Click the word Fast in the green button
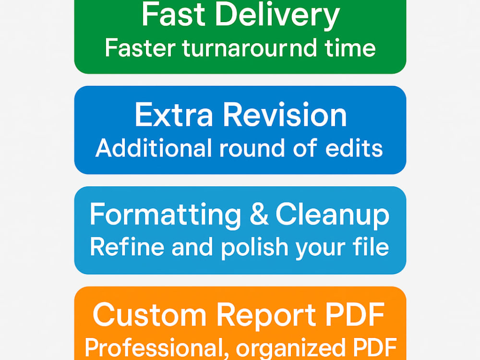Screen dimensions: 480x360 coord(173,15)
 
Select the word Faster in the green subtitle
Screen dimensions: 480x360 coord(140,48)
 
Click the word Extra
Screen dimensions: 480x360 coord(174,115)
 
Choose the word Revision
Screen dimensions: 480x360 coord(285,115)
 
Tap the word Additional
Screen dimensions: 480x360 coord(154,148)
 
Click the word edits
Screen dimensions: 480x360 coord(354,148)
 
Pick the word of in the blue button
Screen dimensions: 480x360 coord(305,148)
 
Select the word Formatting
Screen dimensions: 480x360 coord(165,216)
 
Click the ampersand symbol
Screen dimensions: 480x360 coord(259,214)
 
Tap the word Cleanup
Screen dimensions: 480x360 coord(333,216)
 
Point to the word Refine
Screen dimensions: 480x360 coord(127,247)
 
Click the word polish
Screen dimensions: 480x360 coord(255,248)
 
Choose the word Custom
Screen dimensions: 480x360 coord(150,315)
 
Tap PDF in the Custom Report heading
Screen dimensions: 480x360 coord(355,315)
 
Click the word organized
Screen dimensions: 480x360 coord(290,349)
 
